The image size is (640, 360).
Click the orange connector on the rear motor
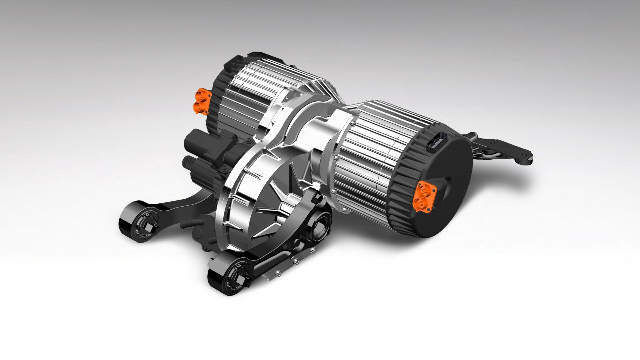pos(201,101)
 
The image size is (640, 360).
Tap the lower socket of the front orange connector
pos(419,203)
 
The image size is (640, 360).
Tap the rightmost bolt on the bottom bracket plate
pos(313,250)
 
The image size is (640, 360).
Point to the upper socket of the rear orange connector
pos(201,96)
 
